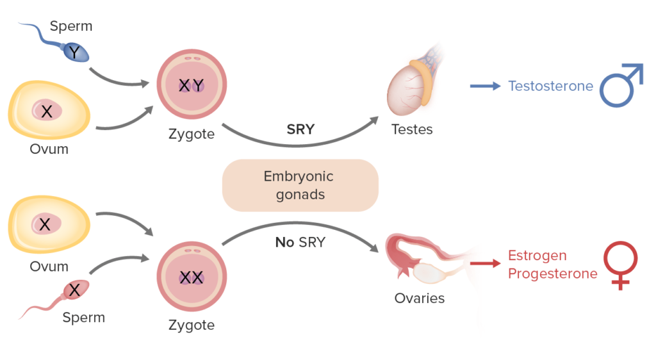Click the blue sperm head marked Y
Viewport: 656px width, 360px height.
(75, 52)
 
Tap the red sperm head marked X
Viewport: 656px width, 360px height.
(75, 290)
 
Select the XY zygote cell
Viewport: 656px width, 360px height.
(192, 85)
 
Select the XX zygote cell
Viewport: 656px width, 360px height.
(192, 277)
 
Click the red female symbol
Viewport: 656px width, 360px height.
(620, 264)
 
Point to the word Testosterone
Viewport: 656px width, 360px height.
(550, 86)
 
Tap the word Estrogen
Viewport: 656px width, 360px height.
(537, 256)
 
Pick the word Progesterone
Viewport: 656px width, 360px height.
(552, 274)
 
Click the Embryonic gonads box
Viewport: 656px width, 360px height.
(300, 185)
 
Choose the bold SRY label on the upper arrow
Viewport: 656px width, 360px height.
(300, 129)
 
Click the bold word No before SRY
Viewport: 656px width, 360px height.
(284, 242)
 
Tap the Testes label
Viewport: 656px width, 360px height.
(412, 129)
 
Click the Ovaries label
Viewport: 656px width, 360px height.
(420, 298)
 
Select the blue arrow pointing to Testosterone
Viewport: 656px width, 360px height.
(484, 86)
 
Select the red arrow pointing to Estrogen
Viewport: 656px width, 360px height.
(485, 263)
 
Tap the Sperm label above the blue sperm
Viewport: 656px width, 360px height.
(71, 26)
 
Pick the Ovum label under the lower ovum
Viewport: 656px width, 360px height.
(49, 266)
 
